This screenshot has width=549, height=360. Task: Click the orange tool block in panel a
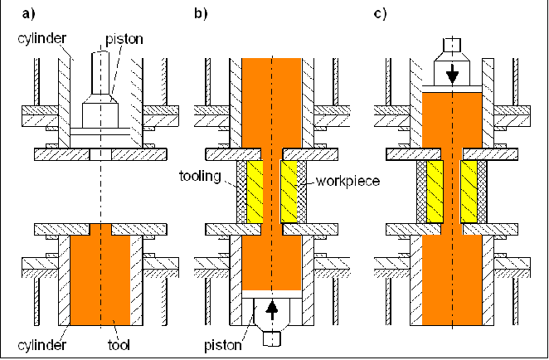pos(100,278)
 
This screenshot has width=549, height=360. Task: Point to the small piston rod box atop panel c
pos(451,45)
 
